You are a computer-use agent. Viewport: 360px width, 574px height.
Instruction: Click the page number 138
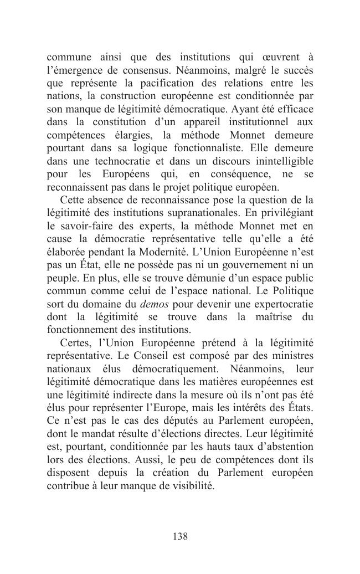180,536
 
